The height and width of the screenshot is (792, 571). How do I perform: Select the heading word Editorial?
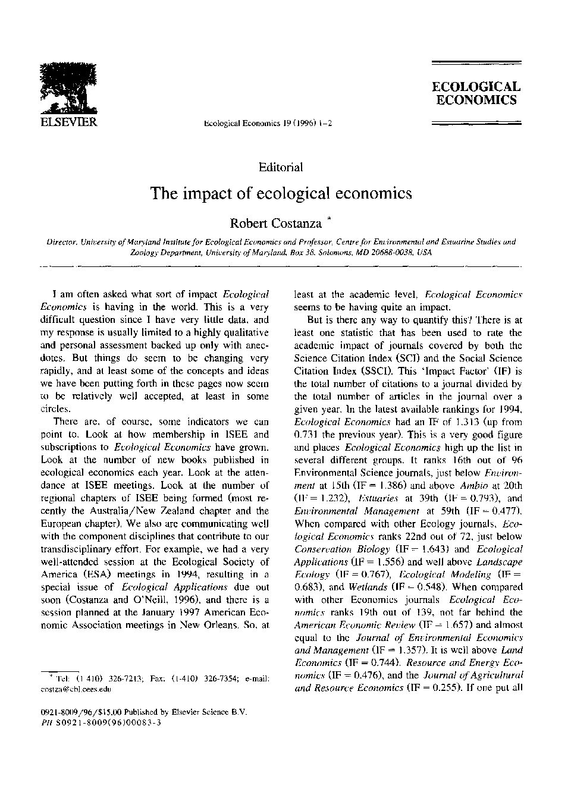pos(281,167)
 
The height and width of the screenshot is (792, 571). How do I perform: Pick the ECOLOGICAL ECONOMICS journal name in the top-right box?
pos(476,93)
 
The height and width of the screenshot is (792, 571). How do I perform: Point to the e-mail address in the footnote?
pos(76,689)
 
